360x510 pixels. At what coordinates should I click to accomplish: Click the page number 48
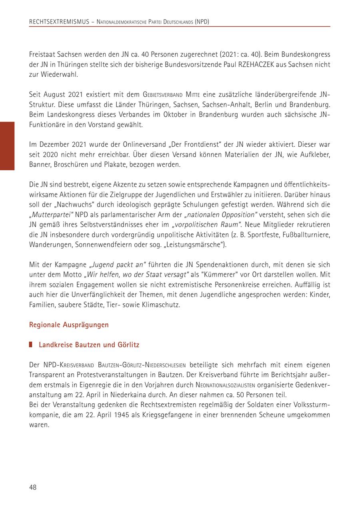(x=33, y=487)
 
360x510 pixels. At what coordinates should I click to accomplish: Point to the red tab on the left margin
(x=7, y=146)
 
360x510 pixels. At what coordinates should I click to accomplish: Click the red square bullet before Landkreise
(x=31, y=345)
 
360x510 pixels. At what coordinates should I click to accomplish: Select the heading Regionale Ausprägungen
(x=69, y=325)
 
